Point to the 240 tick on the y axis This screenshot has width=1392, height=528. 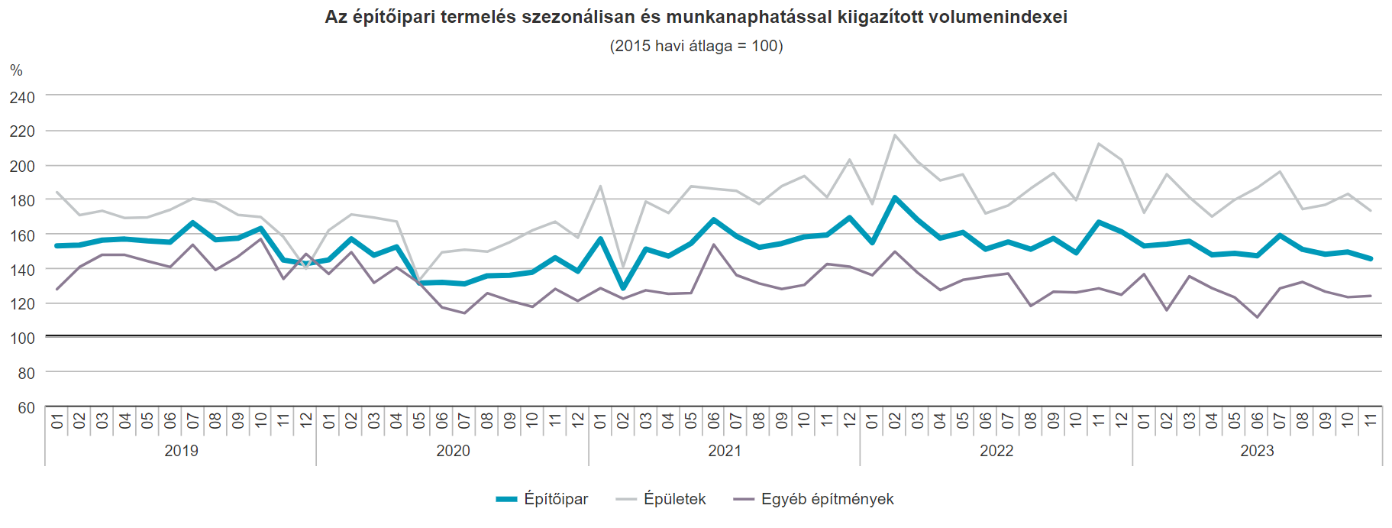pos(22,97)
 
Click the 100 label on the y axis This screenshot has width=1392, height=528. pos(22,338)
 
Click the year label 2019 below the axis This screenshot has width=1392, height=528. pos(181,451)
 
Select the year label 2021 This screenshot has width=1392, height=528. pos(725,451)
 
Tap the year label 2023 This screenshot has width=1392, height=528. pos(1257,451)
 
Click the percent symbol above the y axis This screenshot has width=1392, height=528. pos(16,70)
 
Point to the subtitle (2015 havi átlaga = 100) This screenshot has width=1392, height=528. pos(696,46)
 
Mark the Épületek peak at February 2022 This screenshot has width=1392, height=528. pos(895,135)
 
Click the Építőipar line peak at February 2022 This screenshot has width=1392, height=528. pos(895,198)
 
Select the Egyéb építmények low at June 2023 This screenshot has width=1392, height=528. pos(1257,317)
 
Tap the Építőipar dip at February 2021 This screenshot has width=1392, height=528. pos(623,288)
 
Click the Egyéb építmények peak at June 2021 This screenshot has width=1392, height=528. pos(714,245)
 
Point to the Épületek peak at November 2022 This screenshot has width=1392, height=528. pos(1098,144)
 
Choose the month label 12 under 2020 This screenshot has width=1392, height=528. pos(578,420)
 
